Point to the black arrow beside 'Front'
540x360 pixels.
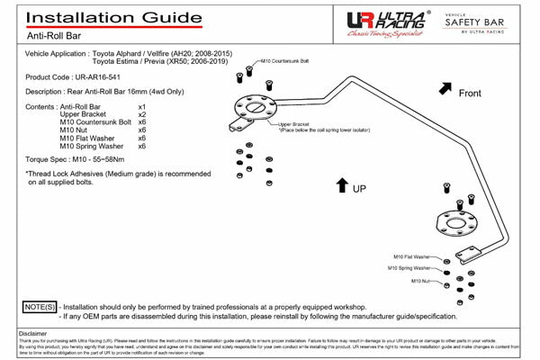click(445, 88)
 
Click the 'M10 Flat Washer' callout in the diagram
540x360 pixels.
click(411, 256)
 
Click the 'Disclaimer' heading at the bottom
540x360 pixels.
click(32, 333)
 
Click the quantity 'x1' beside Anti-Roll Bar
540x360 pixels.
click(141, 106)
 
